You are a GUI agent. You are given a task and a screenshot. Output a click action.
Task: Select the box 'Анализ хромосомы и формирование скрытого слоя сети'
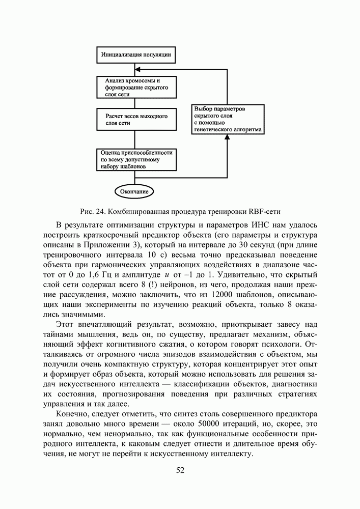pos(136,88)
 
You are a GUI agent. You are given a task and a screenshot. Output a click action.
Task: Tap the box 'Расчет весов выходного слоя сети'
pos(136,120)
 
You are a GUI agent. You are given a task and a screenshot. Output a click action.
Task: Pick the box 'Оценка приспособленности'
pos(136,159)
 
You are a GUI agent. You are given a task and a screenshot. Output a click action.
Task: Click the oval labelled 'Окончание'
pos(134,191)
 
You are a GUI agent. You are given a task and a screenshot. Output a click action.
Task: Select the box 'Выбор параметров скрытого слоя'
pos(228,120)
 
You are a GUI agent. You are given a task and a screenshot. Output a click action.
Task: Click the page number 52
pos(180,470)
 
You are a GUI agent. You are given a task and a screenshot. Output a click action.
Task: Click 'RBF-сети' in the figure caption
pos(265,211)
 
